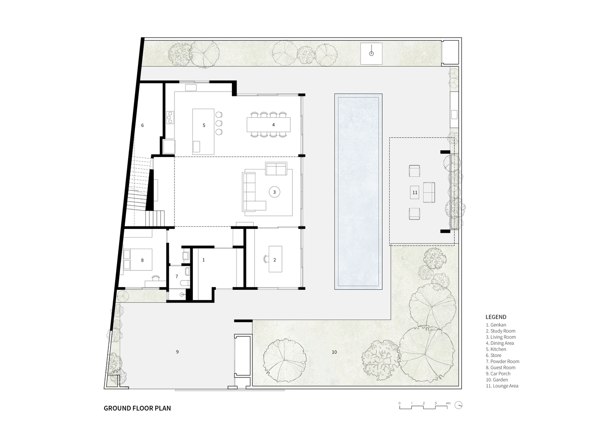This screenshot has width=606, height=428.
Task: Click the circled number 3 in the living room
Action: pos(274,192)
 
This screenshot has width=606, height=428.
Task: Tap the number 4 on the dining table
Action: pos(273,125)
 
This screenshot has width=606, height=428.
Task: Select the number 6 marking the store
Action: pos(142,125)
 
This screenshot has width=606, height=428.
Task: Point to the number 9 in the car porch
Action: pos(177,352)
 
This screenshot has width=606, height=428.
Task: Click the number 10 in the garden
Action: pos(334,352)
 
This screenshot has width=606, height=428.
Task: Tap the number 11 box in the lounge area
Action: pos(414,192)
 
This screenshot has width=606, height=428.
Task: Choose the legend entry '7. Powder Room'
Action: pos(502,361)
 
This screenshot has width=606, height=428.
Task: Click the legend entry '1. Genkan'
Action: pos(495,325)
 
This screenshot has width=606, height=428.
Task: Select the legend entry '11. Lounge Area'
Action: pos(502,386)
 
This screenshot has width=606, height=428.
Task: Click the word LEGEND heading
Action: pos(496,317)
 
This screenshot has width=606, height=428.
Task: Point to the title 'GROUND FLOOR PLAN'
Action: pos(137,408)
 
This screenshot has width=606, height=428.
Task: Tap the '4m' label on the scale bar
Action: pos(448,404)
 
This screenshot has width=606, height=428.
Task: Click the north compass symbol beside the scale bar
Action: pos(458,405)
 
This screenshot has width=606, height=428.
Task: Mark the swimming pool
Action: pos(358,192)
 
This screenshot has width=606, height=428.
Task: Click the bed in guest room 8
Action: pos(138,259)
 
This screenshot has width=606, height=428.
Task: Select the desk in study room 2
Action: pos(276,259)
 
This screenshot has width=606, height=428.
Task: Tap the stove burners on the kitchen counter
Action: pos(170,118)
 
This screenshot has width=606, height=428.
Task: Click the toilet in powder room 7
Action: pos(185,283)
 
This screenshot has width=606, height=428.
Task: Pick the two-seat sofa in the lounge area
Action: pos(429,192)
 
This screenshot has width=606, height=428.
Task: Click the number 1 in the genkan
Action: pos(204,260)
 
